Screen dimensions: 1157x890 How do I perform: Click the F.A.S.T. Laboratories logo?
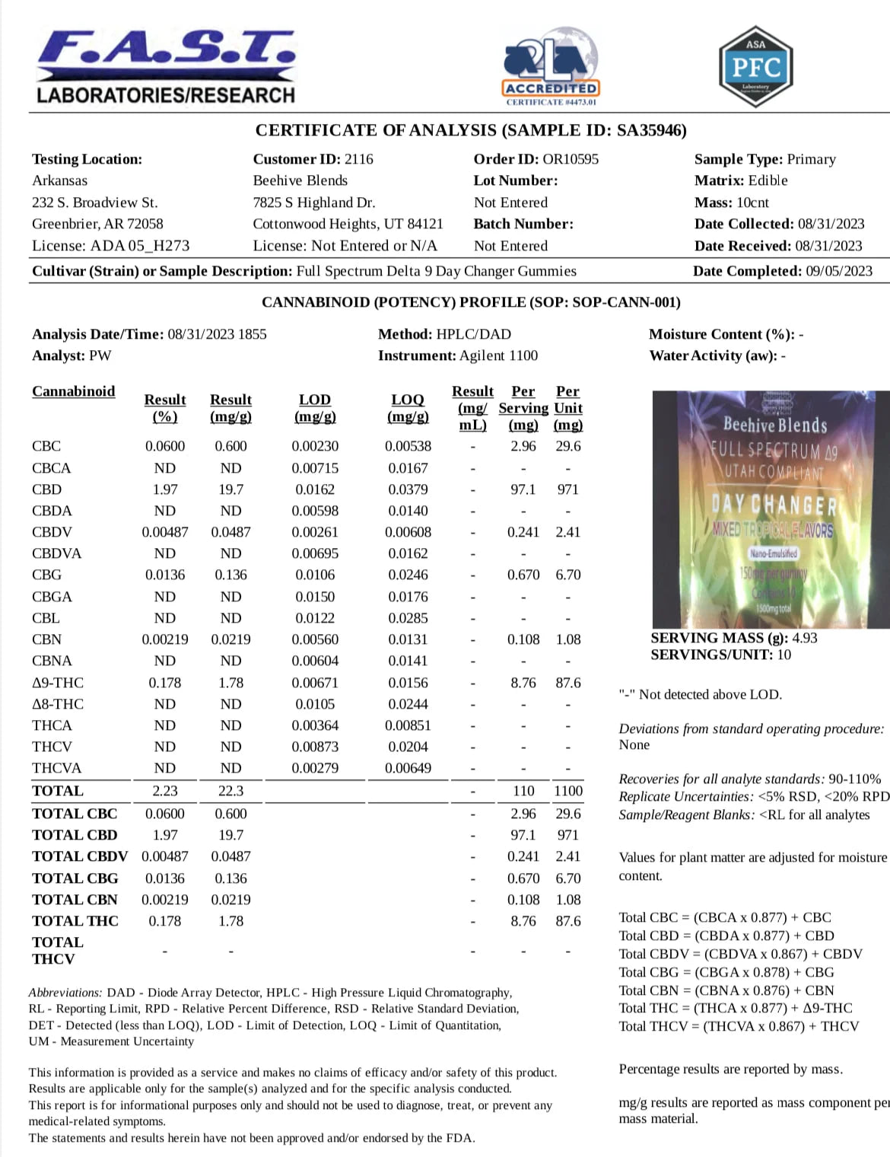click(166, 67)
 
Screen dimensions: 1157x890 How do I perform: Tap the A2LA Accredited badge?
click(551, 68)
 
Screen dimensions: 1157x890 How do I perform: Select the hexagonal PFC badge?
click(755, 66)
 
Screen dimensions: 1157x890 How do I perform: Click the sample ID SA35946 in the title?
click(649, 130)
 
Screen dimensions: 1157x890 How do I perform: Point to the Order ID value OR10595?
click(571, 159)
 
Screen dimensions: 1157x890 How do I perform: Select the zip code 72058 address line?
click(97, 224)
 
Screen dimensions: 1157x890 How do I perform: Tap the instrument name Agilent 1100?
click(498, 355)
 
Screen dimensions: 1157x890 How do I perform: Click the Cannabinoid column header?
click(74, 391)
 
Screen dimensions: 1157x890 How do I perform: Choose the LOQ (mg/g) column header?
click(408, 408)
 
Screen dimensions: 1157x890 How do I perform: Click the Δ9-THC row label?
click(58, 683)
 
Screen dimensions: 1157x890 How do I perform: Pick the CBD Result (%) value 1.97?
click(165, 489)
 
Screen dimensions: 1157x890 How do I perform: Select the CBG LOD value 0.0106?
click(315, 575)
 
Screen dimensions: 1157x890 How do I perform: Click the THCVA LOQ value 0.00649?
click(408, 768)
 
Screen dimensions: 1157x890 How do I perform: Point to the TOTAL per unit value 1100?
click(568, 791)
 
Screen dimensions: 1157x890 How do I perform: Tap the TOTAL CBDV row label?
click(80, 856)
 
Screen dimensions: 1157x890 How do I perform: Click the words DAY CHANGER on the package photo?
click(774, 505)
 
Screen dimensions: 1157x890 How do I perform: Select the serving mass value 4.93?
click(805, 638)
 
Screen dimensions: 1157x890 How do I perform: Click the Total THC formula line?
click(736, 1008)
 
